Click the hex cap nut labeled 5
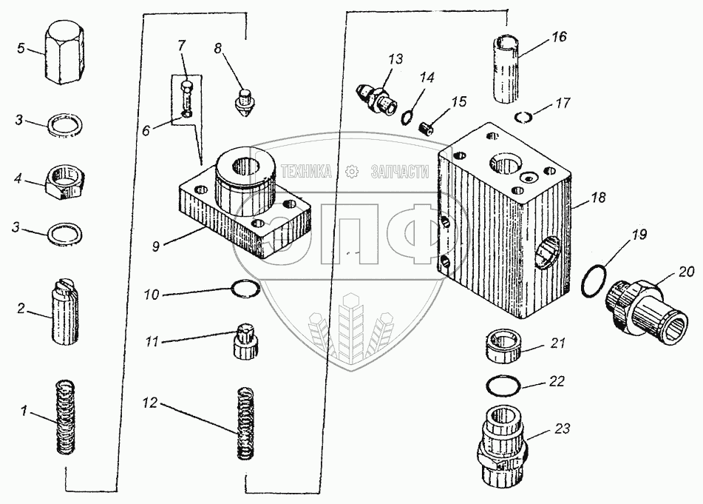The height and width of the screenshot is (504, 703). coord(64,53)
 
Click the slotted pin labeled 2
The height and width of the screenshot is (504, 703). coord(65,310)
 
